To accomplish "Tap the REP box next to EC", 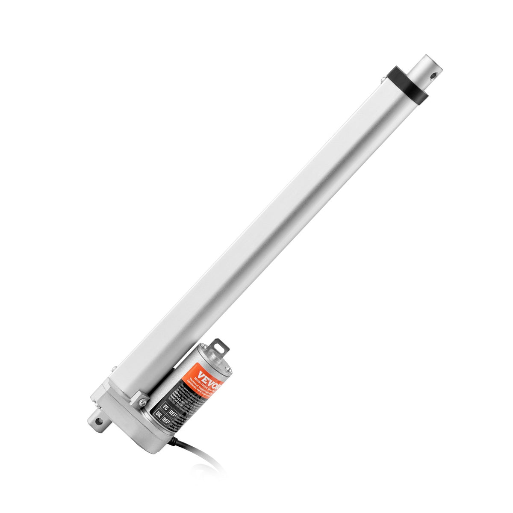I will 174,414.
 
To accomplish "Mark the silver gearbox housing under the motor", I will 128,423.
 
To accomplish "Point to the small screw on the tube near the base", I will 114,369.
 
